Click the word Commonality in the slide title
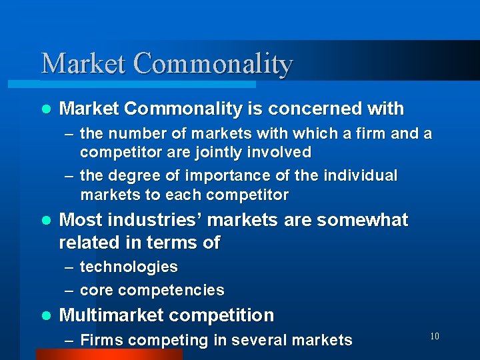213,64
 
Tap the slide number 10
434,336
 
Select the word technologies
129,267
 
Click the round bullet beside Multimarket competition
45,315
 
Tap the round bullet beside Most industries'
45,220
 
